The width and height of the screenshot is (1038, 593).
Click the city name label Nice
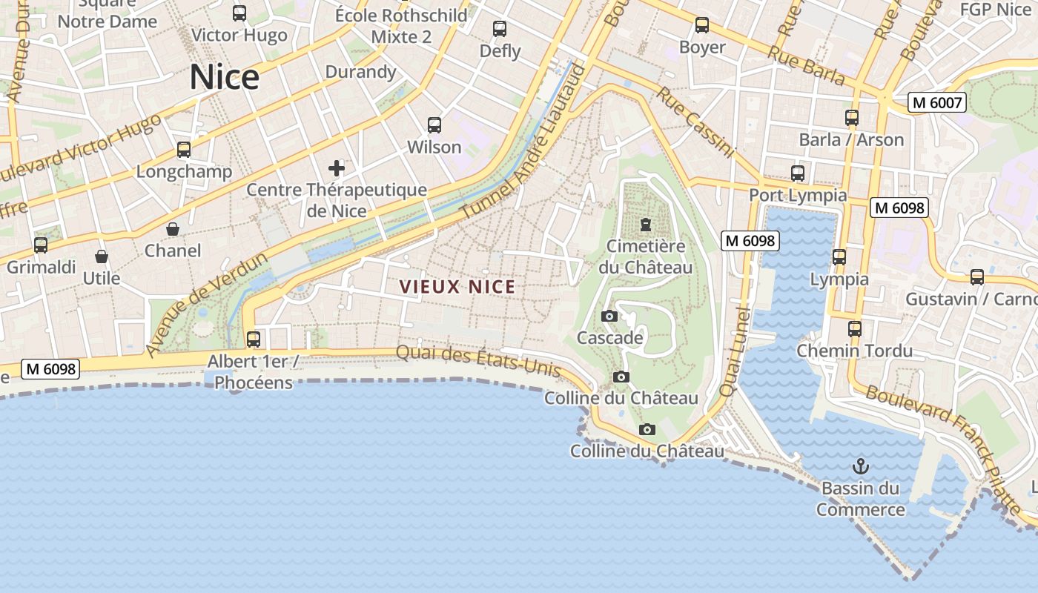coord(225,77)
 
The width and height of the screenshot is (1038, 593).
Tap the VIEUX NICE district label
coord(457,286)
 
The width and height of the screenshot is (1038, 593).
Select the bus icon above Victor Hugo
coord(239,13)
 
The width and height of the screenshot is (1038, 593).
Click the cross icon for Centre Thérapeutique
coord(337,168)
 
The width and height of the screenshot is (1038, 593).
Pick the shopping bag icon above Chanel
coord(173,229)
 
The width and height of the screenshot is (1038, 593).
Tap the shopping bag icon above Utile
coord(102,256)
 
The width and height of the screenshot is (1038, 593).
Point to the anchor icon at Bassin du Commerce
coord(860,466)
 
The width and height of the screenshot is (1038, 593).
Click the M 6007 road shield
coord(937,102)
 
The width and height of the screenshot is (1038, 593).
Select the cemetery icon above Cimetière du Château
coord(646,225)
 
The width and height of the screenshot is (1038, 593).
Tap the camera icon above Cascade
coord(609,317)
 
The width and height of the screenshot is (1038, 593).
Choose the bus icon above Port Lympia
coord(798,173)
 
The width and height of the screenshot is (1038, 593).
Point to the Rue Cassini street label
coord(695,123)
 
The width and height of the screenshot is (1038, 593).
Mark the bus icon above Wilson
coord(434,125)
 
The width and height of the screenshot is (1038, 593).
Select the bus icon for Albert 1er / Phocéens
coord(254,339)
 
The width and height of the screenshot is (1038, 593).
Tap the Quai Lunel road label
coord(735,352)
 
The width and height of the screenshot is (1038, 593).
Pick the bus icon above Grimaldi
coord(41,245)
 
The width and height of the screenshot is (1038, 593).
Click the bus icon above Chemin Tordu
coord(855,328)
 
